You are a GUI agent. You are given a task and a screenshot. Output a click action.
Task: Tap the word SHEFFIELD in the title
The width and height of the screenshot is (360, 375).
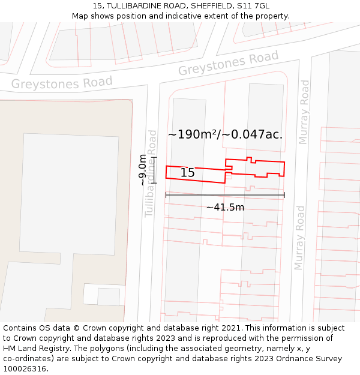(x=194, y=6)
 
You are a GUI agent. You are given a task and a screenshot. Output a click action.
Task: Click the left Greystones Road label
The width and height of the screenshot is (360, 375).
(x=62, y=83)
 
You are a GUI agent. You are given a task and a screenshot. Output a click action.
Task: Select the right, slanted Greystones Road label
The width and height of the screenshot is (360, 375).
(x=229, y=63)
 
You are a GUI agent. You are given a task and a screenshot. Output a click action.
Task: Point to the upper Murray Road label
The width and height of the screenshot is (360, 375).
(x=304, y=113)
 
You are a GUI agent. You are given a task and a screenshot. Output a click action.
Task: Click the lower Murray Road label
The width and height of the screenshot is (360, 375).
(x=299, y=238)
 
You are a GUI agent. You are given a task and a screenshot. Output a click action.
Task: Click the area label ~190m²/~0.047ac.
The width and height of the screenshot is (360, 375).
(x=225, y=134)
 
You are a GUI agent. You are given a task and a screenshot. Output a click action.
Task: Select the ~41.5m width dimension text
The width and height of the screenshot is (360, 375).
(x=225, y=208)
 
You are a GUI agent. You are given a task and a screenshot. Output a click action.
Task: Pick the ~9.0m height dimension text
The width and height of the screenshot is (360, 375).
(x=142, y=170)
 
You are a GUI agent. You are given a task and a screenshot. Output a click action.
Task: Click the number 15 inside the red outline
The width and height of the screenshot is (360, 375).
(x=187, y=173)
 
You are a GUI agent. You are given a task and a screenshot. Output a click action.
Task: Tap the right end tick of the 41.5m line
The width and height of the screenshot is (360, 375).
(x=284, y=195)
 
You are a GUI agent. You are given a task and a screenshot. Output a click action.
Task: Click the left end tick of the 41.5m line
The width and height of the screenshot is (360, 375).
(x=166, y=195)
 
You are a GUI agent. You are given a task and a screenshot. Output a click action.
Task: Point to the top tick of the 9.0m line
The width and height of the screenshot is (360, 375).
(x=154, y=158)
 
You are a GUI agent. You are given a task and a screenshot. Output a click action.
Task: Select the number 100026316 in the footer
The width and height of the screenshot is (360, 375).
(x=25, y=369)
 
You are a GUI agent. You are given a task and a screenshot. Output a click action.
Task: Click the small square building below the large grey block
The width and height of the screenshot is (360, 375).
(x=109, y=296)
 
